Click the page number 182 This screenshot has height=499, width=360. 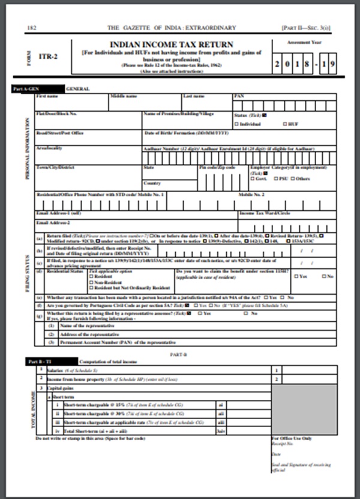32,28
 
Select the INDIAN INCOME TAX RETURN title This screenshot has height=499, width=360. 172,44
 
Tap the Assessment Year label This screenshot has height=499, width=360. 301,43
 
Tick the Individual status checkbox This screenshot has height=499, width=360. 236,123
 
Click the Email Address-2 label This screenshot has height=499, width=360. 52,222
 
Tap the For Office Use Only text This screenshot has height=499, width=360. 292,438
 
